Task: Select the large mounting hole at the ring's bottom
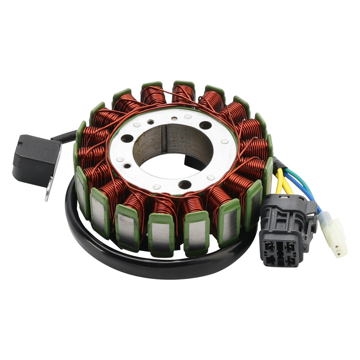[184, 184]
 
